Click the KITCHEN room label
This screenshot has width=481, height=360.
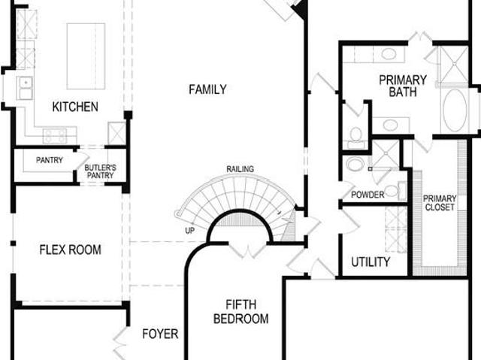[x=75, y=107]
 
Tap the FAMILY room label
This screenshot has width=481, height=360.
[x=207, y=89]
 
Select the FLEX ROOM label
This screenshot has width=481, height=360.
[x=70, y=250]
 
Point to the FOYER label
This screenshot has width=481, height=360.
[x=160, y=334]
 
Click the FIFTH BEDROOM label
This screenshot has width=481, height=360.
[x=240, y=312]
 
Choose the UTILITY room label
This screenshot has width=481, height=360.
[x=371, y=262]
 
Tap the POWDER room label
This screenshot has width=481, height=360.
[x=368, y=195]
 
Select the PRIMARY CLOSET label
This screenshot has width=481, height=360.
[x=440, y=203]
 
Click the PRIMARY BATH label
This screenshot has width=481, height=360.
[x=403, y=86]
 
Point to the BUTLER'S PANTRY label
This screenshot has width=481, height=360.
[x=100, y=171]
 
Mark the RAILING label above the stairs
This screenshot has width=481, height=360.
[x=240, y=169]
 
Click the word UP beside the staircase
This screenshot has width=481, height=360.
[x=190, y=231]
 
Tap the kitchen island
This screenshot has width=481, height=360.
[x=86, y=56]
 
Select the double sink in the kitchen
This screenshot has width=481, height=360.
[x=26, y=88]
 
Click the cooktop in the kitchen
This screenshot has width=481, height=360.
[x=55, y=135]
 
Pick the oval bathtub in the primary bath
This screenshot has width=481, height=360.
[x=455, y=110]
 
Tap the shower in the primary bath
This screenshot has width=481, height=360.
[x=454, y=64]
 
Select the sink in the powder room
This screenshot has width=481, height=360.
[x=355, y=164]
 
